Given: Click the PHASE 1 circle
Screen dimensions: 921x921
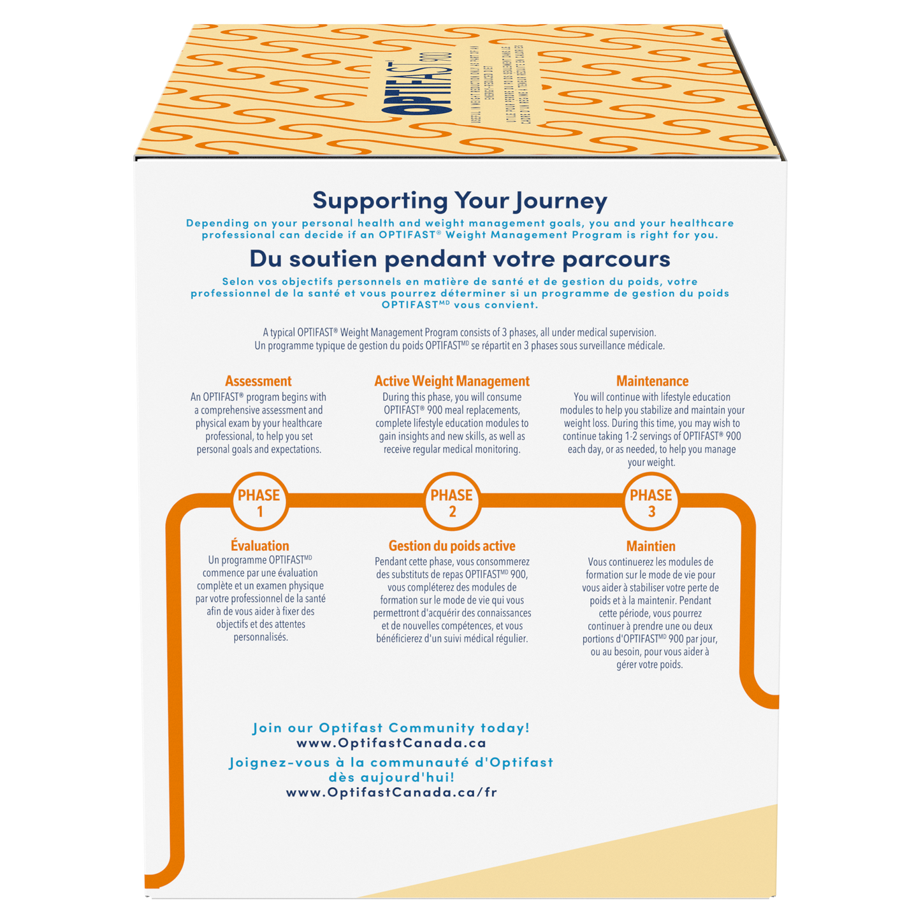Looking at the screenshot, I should pos(259,502).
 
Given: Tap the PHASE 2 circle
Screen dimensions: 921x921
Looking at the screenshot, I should pos(452,502).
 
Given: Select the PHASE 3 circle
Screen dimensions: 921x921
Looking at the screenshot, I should pos(651,502).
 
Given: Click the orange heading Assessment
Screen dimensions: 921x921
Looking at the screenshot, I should pos(258,381).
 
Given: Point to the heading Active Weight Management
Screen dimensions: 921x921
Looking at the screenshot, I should pos(452,381).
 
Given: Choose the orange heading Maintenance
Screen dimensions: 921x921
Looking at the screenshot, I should pos(652,381).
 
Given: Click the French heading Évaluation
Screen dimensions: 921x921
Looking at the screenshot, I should pos(260,546).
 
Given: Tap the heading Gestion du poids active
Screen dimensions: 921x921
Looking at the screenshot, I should pos(452,546).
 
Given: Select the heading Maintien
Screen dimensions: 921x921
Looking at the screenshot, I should pos(651,546).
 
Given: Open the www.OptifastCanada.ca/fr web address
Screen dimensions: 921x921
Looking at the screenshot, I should pos(391,793).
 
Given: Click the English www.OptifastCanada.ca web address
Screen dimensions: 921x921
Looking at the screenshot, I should pos(391,743).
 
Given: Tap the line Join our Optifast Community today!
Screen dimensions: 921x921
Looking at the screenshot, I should pos(391,728).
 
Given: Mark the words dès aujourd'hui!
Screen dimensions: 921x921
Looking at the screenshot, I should pos(391,778).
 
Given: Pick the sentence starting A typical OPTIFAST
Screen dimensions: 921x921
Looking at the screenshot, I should pos(459,332).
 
